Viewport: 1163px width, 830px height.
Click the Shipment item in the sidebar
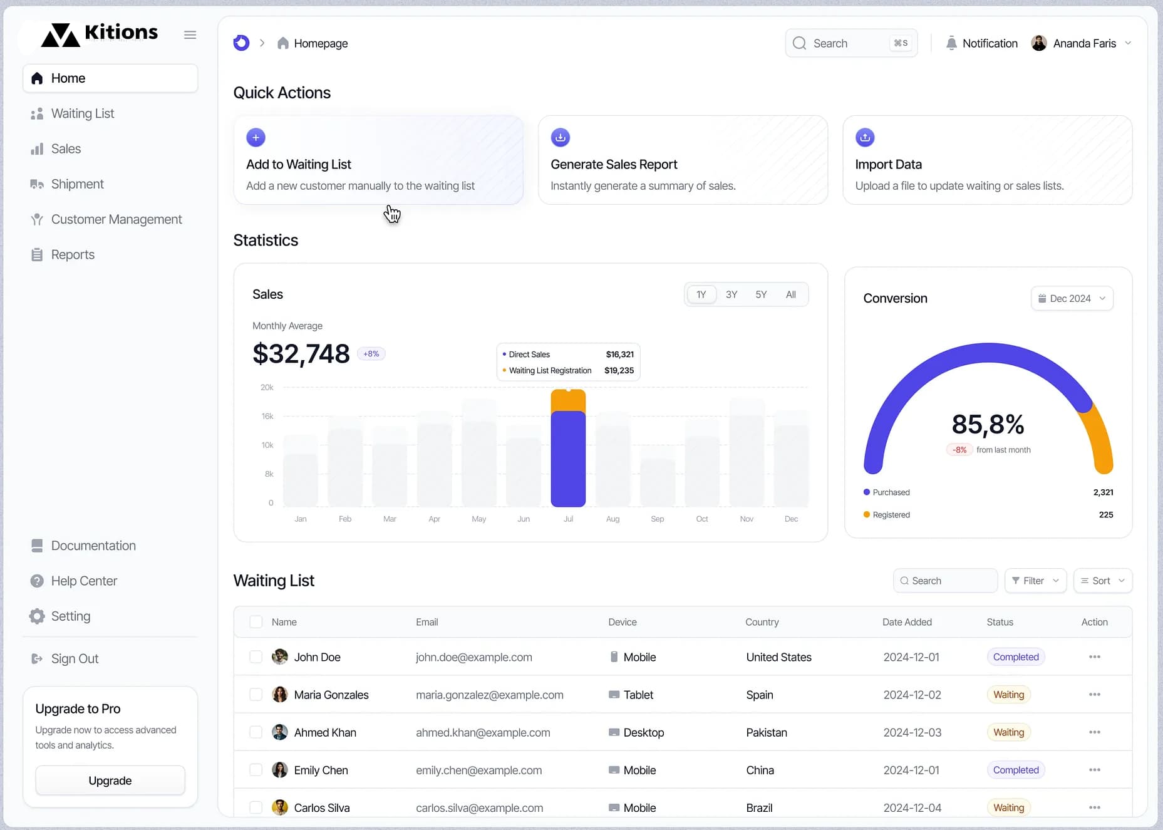click(77, 184)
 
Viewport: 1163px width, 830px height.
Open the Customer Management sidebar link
click(116, 219)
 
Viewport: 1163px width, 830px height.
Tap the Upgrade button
click(110, 781)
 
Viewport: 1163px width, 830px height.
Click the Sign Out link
click(75, 658)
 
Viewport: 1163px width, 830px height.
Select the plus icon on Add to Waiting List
click(256, 137)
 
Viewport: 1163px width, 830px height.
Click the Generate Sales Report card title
click(614, 164)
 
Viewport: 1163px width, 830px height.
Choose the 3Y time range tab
click(731, 294)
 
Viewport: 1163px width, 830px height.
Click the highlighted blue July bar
click(568, 459)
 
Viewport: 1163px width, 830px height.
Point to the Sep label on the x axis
click(657, 519)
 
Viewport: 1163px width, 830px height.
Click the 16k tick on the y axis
click(267, 416)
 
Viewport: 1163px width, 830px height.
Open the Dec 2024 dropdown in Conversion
click(1072, 298)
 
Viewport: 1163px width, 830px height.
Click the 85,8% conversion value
click(988, 424)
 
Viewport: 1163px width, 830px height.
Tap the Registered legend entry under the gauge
click(891, 515)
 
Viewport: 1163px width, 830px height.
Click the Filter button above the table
click(1035, 581)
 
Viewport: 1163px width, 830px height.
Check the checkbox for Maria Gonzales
click(256, 695)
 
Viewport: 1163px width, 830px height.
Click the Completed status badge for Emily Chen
click(1015, 770)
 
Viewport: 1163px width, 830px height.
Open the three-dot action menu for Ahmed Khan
click(1094, 732)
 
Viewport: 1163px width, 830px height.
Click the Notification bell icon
click(951, 43)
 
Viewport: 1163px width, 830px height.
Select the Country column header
click(762, 622)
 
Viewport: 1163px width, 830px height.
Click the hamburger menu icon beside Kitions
click(190, 35)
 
